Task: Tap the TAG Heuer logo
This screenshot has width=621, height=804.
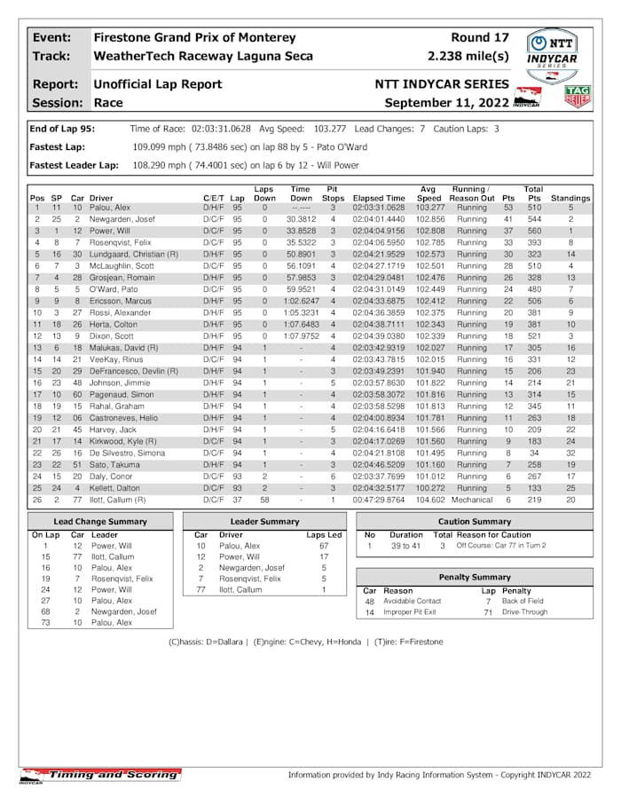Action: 578,96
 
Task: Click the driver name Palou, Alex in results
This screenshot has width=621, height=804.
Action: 109,207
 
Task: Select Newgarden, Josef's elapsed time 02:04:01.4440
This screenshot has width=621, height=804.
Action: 379,218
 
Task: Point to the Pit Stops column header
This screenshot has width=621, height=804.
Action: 332,193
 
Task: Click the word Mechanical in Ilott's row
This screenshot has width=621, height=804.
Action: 472,500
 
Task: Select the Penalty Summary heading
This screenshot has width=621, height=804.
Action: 474,577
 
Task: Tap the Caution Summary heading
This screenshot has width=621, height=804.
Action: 474,522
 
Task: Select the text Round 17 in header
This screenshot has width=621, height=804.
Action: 480,38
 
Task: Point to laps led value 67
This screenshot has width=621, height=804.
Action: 324,546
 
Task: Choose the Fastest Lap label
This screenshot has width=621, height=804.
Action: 58,146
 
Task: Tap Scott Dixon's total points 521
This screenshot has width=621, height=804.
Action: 533,335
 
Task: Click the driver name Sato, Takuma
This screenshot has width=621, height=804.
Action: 113,464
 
